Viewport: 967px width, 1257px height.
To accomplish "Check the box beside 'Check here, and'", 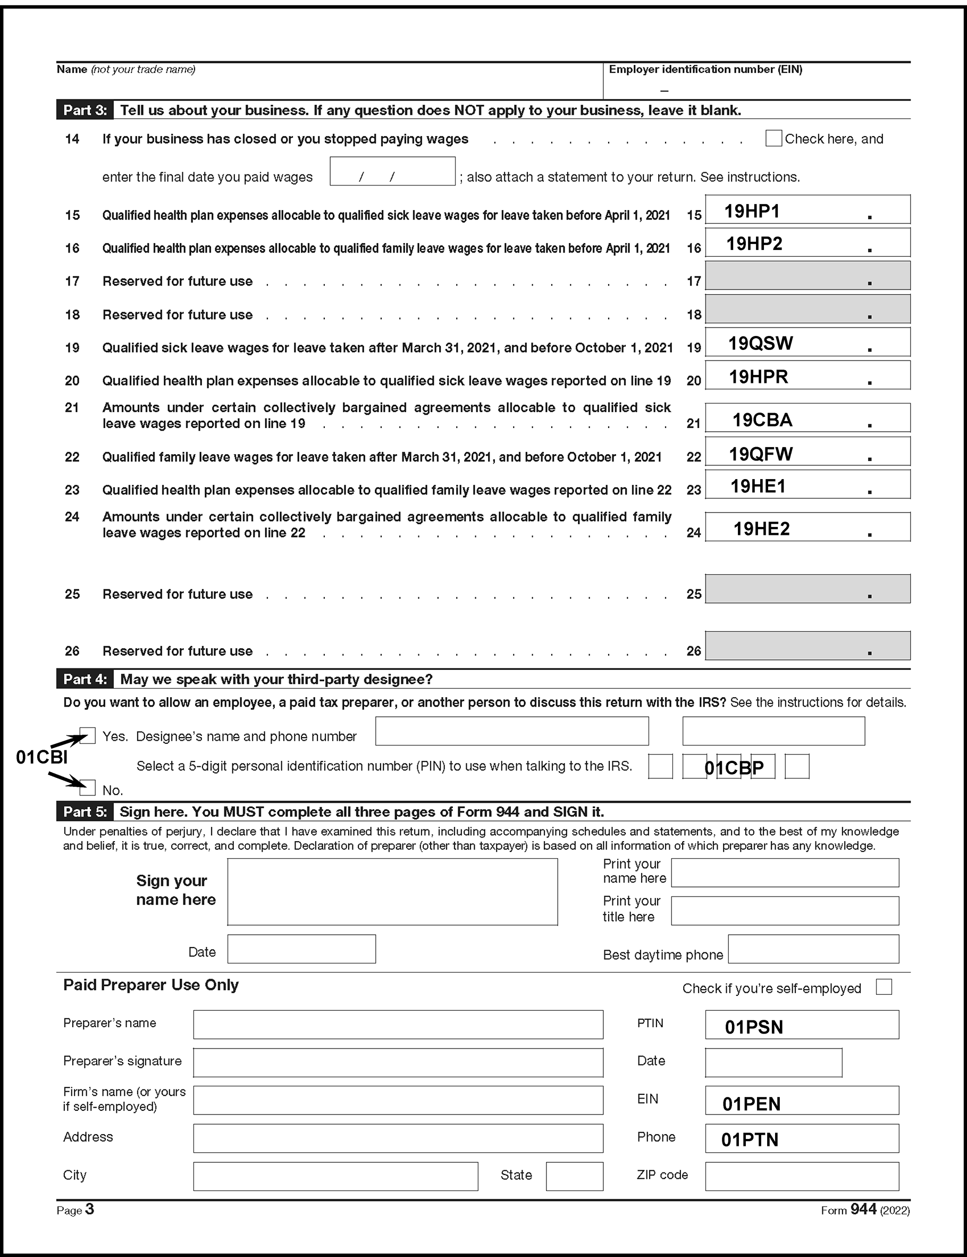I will coord(773,139).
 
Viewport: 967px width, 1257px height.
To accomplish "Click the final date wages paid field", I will coord(392,172).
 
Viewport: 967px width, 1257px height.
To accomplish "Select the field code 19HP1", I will coord(752,211).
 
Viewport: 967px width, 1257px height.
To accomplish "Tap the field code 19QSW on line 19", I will coord(760,343).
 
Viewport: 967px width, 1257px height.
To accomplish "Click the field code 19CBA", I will coord(762,420).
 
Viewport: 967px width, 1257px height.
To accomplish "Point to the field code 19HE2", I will coord(761,529).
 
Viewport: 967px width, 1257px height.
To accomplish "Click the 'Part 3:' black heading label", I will coord(85,110).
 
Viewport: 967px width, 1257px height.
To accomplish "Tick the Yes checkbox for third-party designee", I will coord(88,735).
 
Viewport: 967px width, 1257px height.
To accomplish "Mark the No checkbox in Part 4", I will coord(88,787).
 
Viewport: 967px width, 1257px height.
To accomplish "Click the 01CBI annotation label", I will coord(41,757).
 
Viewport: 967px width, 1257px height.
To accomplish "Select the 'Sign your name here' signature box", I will coord(392,892).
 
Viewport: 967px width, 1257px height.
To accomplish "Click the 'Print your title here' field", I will coord(785,910).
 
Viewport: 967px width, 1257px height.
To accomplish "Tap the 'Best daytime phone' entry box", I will coord(813,949).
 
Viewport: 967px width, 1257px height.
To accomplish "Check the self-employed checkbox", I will coord(883,987).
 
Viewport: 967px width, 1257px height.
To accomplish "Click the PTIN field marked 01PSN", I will coord(801,1025).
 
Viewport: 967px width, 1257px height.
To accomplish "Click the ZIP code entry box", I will coord(801,1176).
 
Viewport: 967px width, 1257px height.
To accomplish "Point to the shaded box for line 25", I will coord(807,589).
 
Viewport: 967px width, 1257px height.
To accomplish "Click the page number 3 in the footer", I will coord(89,1209).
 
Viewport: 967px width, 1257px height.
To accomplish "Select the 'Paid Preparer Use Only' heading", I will coord(151,985).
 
